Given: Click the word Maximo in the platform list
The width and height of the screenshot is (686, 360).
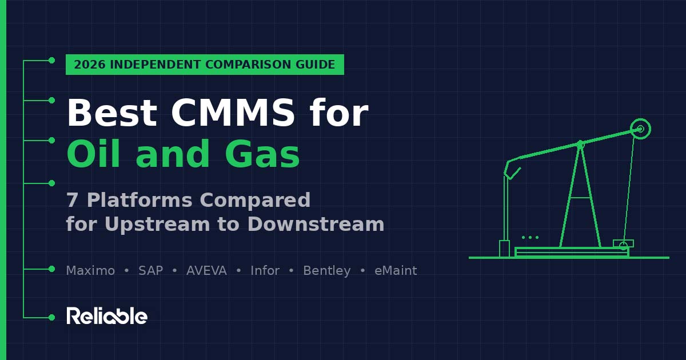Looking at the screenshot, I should (x=90, y=271).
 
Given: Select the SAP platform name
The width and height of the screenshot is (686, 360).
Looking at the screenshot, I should (x=150, y=271).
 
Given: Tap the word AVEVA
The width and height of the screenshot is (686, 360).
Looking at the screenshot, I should (x=206, y=271).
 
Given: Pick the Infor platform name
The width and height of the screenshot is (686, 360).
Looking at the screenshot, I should (x=265, y=271).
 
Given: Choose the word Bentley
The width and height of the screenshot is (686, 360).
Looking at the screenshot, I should (x=326, y=271).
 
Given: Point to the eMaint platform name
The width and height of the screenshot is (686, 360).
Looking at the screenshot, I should (x=396, y=271).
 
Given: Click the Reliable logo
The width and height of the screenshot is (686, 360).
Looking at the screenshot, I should (x=107, y=316).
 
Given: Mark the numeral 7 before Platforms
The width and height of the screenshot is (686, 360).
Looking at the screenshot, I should (x=72, y=201).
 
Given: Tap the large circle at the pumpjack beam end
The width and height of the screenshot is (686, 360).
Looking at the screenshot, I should (x=640, y=129).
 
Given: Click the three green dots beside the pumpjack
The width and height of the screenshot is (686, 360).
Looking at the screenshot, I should (x=530, y=237).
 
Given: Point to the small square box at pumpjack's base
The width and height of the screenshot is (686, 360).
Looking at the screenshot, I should (x=504, y=249).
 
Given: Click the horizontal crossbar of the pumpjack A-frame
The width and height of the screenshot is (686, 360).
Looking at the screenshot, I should (x=580, y=198).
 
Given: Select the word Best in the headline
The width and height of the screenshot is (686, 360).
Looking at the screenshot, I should (x=111, y=113).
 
